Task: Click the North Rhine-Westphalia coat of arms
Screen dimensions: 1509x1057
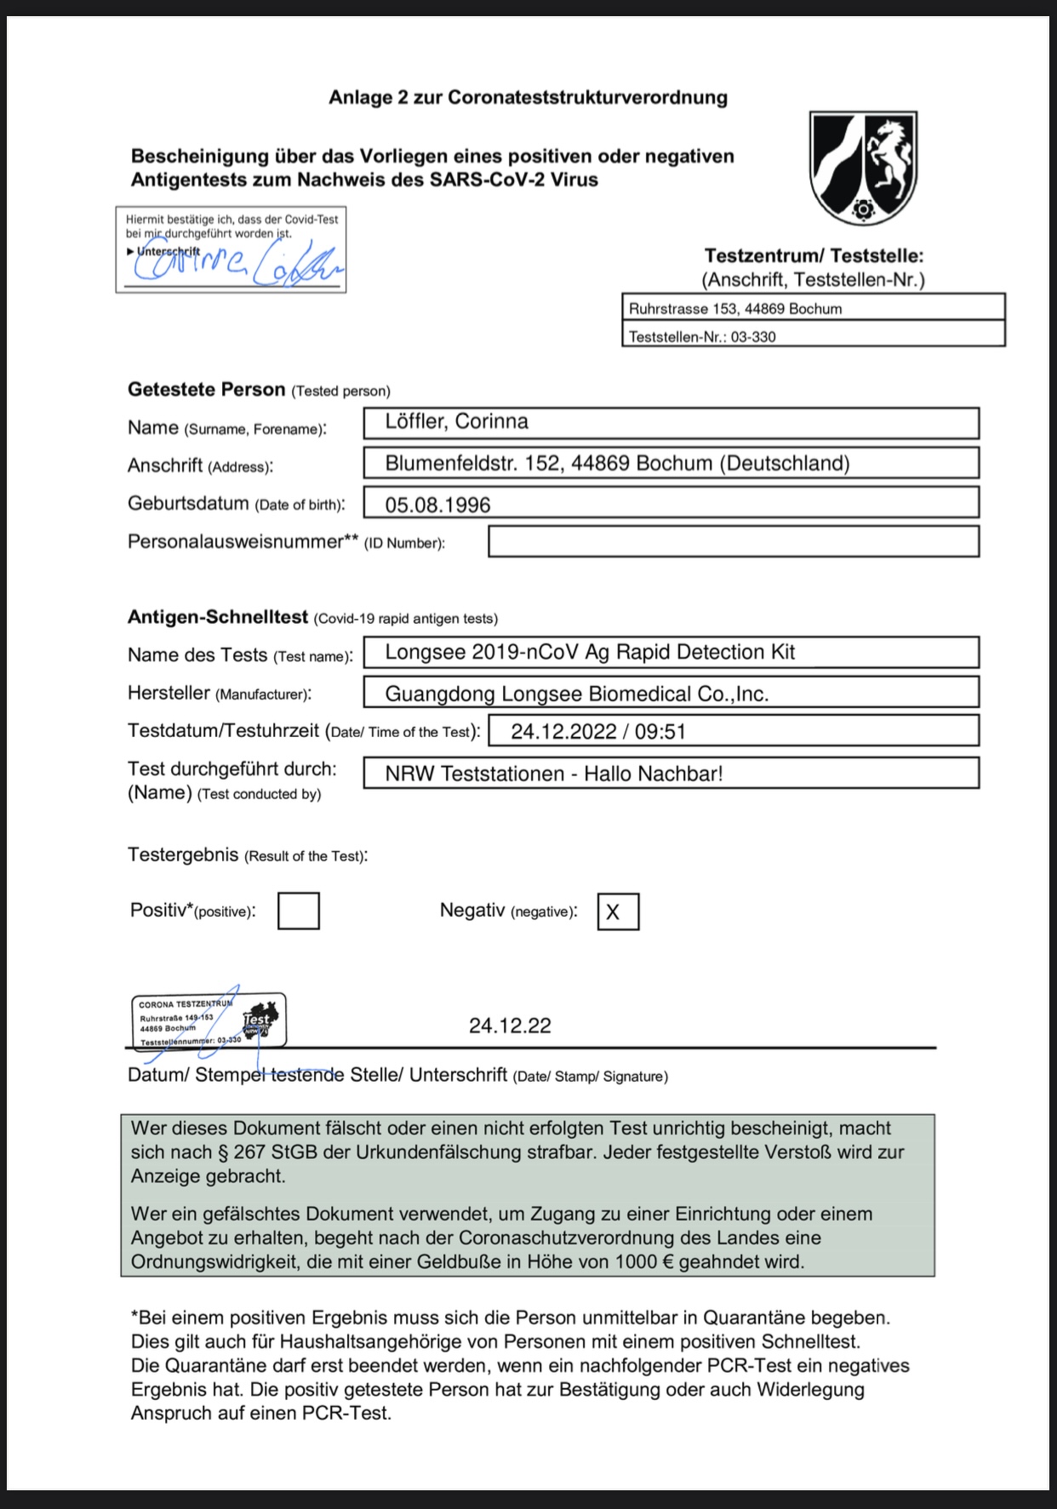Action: pos(863,167)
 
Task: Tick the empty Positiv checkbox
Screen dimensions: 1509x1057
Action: pos(298,911)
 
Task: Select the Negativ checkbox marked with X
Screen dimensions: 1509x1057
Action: pos(618,912)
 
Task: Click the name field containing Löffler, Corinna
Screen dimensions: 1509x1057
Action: pos(671,422)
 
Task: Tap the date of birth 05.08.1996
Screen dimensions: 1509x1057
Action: pos(437,505)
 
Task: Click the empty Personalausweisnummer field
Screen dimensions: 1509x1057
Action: pos(733,542)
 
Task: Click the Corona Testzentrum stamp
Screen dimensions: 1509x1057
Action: pos(209,1020)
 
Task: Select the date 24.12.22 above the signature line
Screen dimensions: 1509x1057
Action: pos(510,1026)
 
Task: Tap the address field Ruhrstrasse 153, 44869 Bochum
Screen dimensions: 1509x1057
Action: pos(813,308)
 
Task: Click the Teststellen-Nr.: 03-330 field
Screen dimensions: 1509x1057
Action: pos(813,336)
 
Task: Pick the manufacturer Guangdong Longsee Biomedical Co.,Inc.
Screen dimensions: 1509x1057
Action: pos(577,694)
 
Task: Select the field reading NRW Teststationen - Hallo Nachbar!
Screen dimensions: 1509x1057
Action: pos(554,774)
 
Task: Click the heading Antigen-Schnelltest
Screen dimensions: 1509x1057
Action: pos(218,617)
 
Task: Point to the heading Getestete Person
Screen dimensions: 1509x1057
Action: pos(206,390)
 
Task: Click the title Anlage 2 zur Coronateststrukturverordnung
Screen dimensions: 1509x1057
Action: pos(528,97)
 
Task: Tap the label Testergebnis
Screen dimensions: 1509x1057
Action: pos(183,855)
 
